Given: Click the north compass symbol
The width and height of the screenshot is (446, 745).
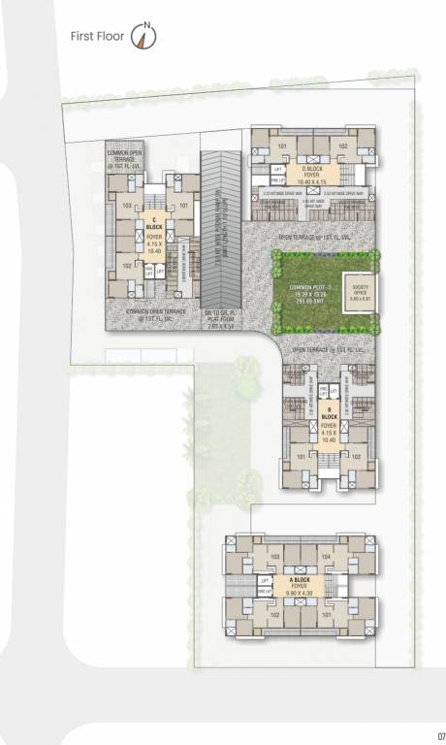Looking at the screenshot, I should (x=144, y=37).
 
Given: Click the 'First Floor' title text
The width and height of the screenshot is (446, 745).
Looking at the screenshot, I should (x=98, y=37).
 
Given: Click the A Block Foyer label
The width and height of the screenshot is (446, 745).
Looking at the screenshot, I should (x=302, y=585).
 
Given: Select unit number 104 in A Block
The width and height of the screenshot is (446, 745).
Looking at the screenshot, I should (x=327, y=557).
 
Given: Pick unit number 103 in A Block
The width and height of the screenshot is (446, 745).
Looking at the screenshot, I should (x=275, y=557).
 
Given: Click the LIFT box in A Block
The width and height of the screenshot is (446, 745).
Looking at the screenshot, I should (x=264, y=580).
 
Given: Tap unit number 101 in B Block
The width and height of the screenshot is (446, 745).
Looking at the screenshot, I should (x=302, y=457).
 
